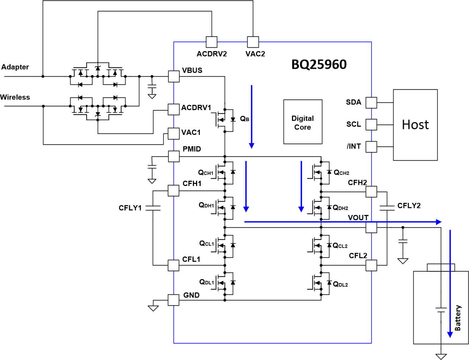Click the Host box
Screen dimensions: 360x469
415,125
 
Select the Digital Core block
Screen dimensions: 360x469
303,122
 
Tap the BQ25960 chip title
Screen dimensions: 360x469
319,65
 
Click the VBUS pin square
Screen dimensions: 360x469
173,76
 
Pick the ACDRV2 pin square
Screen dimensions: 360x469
212,42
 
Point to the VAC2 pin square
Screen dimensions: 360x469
253,42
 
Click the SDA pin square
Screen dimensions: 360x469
371,103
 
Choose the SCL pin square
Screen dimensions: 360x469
371,125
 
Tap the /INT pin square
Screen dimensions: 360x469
371,147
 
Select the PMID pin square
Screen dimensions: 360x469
173,156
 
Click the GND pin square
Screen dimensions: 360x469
173,300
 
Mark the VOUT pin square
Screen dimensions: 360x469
371,227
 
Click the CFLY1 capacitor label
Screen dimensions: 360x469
130,208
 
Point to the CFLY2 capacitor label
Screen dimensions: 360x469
409,206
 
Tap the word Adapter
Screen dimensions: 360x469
15,67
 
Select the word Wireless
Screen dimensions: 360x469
15,97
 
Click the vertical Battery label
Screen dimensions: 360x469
458,318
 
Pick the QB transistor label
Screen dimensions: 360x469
245,119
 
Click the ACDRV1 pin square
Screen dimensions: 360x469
173,109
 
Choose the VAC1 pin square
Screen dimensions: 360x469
173,134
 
